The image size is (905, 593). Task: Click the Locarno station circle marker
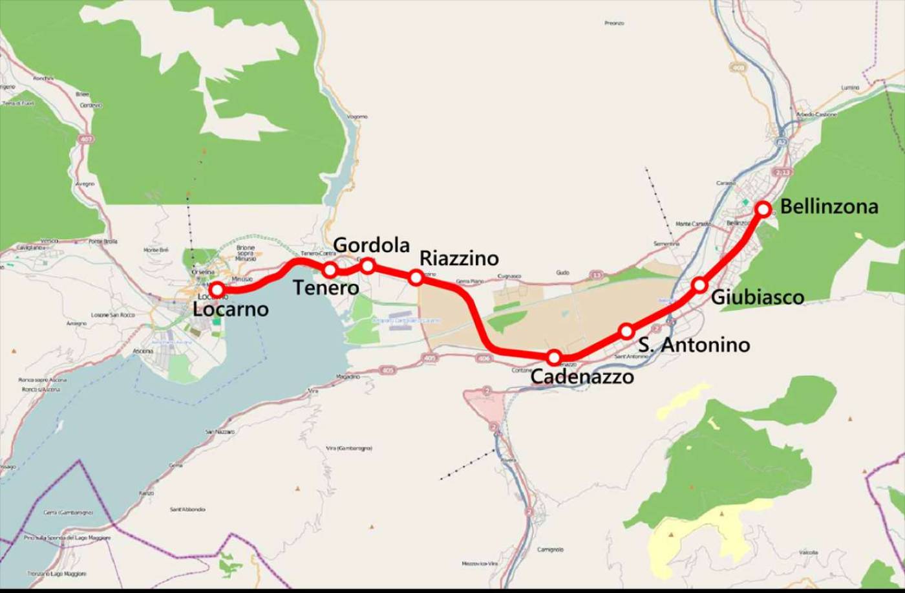tap(217, 290)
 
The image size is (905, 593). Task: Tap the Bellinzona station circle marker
tap(763, 209)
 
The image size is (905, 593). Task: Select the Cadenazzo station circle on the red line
tap(554, 357)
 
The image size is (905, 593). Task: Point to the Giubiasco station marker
tap(699, 285)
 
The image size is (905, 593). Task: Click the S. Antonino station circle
tap(626, 332)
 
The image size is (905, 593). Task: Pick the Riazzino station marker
tap(416, 277)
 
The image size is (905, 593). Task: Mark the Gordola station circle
tap(367, 265)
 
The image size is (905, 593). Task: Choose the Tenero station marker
tap(330, 269)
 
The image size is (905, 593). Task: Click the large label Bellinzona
tap(829, 207)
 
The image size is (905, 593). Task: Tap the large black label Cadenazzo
tap(582, 377)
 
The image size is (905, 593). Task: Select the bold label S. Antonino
tap(694, 345)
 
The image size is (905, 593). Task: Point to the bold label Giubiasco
tap(758, 297)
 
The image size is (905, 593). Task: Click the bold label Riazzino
tap(459, 259)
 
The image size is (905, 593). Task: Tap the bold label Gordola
tap(372, 245)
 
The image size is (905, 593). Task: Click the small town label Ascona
tap(143, 351)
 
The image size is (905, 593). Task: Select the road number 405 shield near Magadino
tap(387, 370)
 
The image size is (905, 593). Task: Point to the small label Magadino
tap(348, 376)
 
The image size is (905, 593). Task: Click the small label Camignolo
tap(550, 550)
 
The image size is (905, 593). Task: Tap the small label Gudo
tap(562, 273)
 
